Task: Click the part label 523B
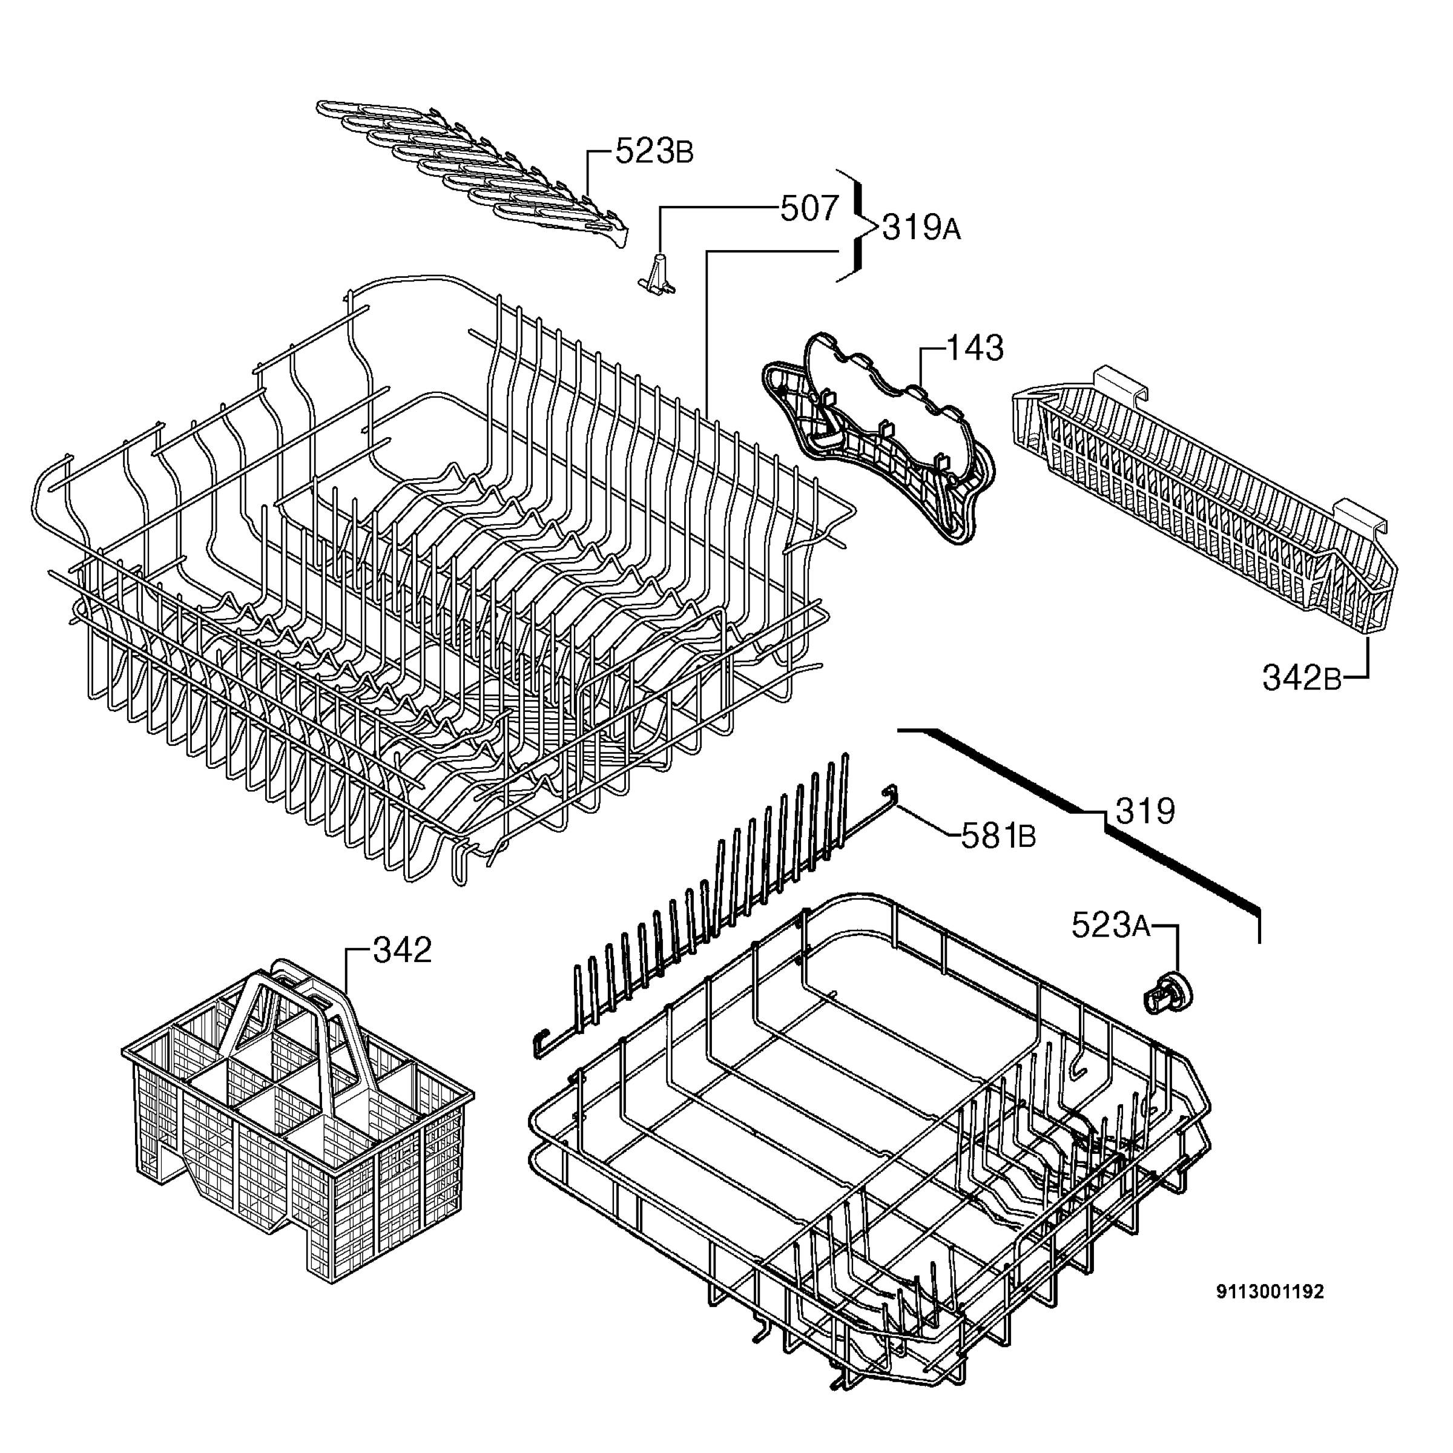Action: [654, 152]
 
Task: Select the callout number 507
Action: [809, 208]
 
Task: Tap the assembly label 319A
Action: [921, 227]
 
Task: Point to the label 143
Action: [975, 348]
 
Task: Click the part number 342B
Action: [1302, 677]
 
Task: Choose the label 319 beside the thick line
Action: [1145, 811]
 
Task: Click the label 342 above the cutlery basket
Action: [403, 950]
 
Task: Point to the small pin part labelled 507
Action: [657, 273]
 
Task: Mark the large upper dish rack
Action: [444, 579]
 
